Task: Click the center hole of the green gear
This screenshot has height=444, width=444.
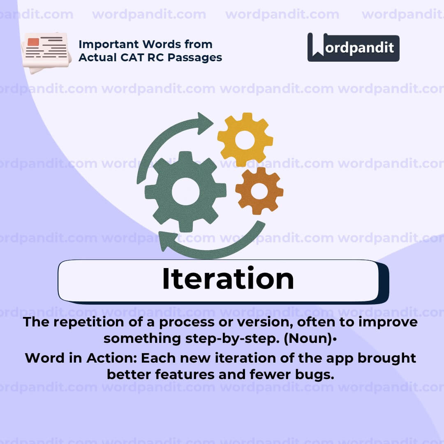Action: (185, 192)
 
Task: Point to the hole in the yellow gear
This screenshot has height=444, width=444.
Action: (245, 140)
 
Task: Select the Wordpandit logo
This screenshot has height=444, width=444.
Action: (353, 47)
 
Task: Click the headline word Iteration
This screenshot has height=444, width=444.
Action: (228, 279)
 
